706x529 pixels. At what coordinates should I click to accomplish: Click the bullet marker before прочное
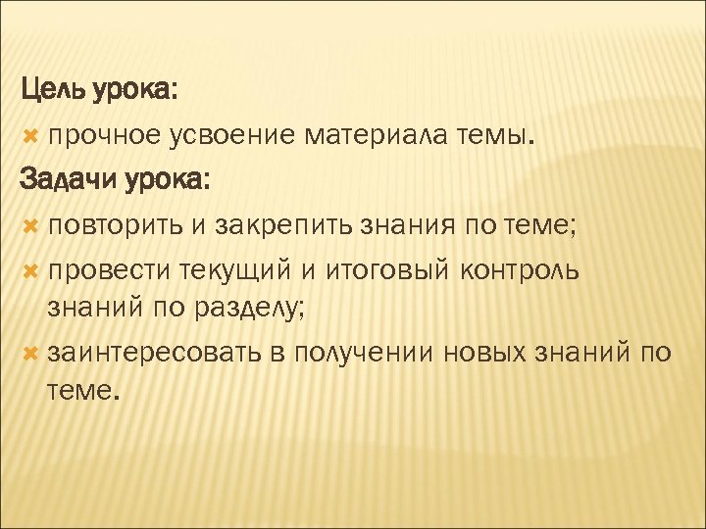click(31, 138)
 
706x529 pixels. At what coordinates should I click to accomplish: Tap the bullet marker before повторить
click(31, 226)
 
